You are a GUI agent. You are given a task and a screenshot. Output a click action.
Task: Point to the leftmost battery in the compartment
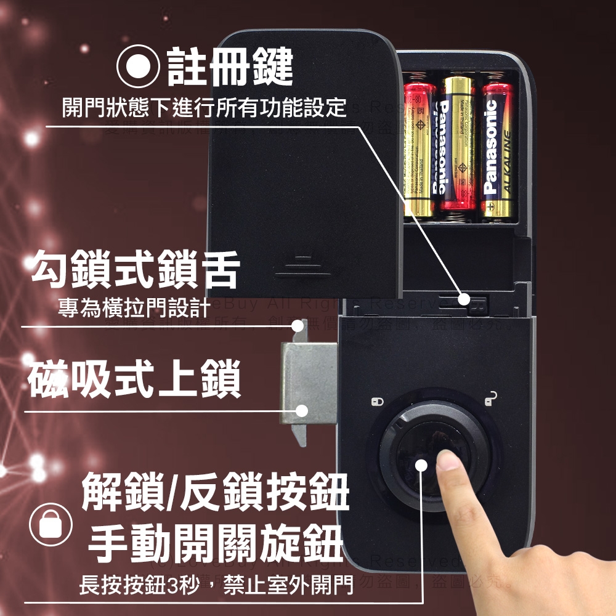(x=419, y=148)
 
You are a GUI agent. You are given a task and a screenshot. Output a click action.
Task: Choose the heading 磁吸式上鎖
(x=134, y=379)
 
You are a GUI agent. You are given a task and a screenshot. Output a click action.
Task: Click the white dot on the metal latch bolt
(x=302, y=410)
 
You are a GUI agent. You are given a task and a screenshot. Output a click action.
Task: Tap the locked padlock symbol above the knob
(x=378, y=402)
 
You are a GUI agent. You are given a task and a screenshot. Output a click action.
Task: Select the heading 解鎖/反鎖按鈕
(x=216, y=492)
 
